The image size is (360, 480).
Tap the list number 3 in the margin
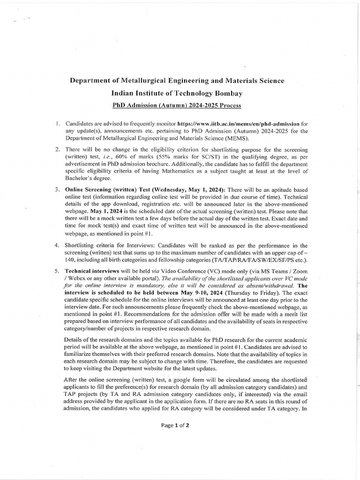(x=57, y=189)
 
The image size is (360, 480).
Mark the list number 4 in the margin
(x=57, y=245)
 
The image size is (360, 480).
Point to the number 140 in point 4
(x=71, y=260)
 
